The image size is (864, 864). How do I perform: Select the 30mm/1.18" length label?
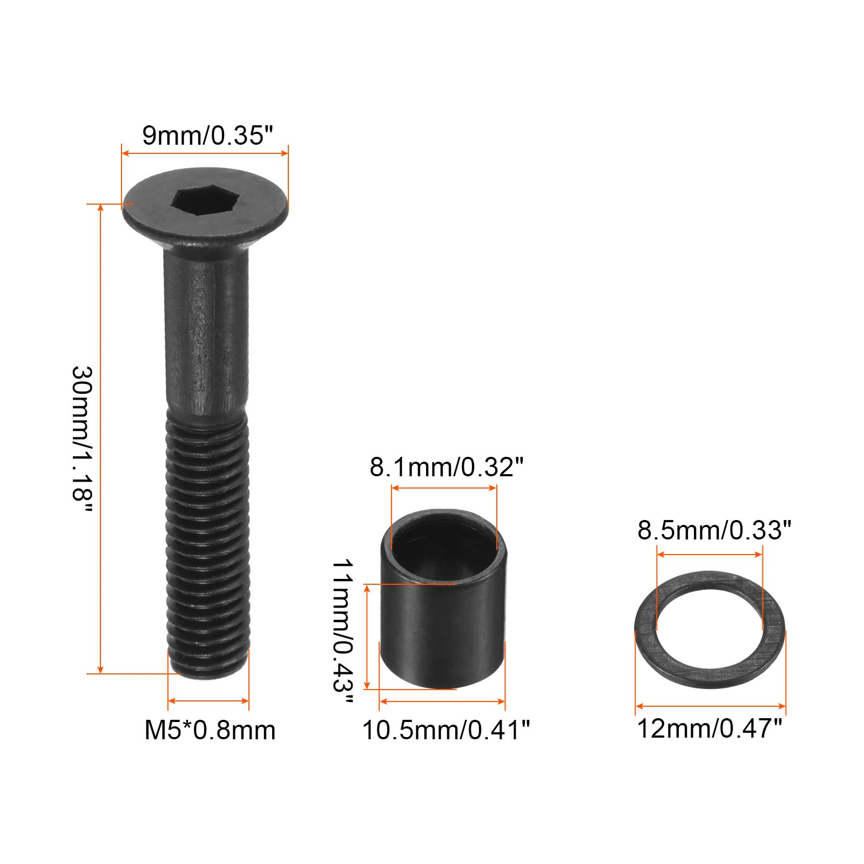click(83, 440)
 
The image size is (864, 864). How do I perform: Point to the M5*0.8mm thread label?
click(210, 730)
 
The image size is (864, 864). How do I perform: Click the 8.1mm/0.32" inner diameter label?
click(447, 467)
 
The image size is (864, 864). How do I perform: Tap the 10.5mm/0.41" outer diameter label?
click(446, 730)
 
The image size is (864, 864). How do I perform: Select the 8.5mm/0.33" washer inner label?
click(714, 530)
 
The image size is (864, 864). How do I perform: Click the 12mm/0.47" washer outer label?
click(710, 728)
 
